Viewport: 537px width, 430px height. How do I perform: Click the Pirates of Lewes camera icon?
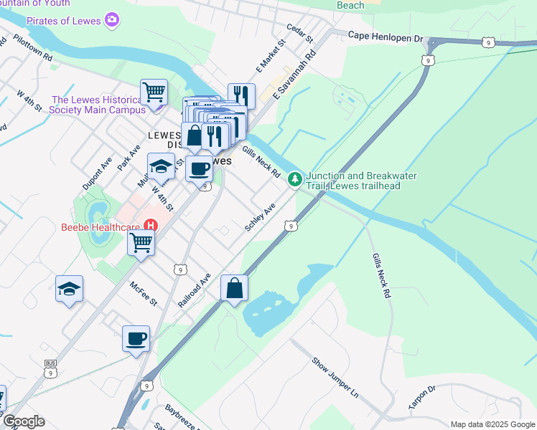(x=111, y=19)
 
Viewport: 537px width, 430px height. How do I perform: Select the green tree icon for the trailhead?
(x=294, y=178)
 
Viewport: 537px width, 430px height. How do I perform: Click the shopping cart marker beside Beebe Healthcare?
(x=141, y=242)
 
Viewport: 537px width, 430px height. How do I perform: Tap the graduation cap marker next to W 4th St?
(x=162, y=166)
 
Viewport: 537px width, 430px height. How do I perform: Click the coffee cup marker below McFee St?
(x=136, y=338)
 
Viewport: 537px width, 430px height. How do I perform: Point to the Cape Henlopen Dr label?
(x=387, y=34)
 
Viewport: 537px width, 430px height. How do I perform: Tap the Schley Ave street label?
(x=260, y=216)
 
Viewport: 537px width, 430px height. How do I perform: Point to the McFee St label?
(x=143, y=293)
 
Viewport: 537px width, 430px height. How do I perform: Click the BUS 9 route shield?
(x=50, y=367)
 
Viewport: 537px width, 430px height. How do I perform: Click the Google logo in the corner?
(x=24, y=421)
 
